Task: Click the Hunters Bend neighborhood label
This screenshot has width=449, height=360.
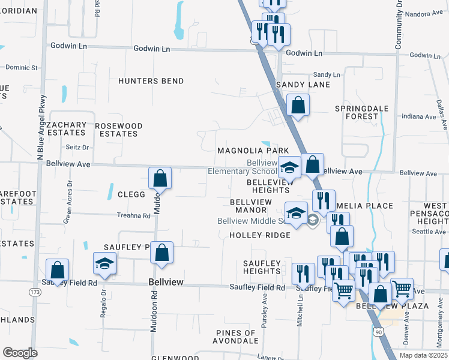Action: (151, 81)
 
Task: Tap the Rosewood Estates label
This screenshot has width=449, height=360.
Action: (119, 130)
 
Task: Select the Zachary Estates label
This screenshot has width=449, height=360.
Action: (67, 128)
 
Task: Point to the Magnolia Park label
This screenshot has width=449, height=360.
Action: (253, 151)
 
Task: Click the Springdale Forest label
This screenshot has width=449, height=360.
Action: (362, 112)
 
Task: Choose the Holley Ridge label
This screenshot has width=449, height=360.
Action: (260, 235)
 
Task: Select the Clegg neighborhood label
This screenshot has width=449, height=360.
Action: (131, 194)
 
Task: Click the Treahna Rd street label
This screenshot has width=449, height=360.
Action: (133, 215)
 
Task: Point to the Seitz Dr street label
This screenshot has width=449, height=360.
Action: (77, 147)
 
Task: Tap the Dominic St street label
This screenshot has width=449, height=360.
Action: (21, 68)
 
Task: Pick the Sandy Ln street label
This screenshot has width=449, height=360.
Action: (326, 74)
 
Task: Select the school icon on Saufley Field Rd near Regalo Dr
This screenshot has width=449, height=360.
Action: (105, 263)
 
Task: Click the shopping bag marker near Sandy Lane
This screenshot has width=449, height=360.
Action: (298, 105)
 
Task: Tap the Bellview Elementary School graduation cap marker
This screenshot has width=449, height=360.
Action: (289, 167)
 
